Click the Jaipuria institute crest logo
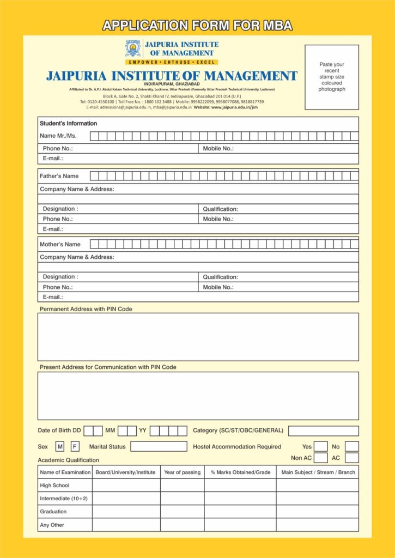132,48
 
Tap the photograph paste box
331,77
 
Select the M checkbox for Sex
60,447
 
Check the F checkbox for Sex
75,447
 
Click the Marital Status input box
159,447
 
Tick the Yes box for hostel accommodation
321,447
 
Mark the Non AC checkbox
321,458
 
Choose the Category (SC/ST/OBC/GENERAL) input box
323,431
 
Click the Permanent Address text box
198,337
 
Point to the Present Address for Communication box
198,396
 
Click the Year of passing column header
182,472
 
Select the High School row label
55,486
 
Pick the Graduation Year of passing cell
182,512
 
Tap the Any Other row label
52,525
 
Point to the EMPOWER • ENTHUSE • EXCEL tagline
172,63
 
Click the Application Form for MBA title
197,25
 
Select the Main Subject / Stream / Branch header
318,472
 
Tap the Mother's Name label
60,245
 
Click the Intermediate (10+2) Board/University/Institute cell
126,499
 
